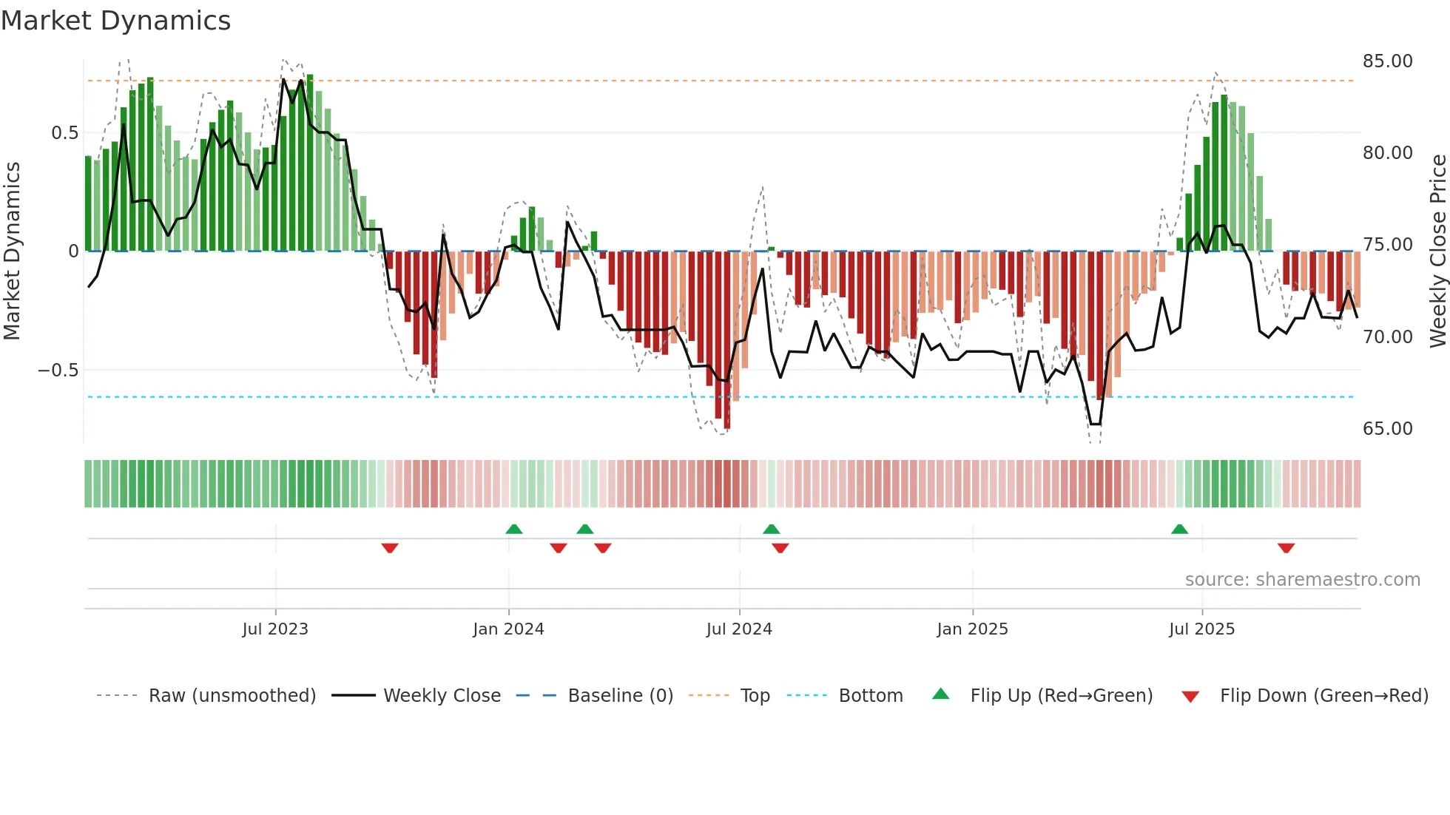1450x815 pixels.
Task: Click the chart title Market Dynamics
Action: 115,21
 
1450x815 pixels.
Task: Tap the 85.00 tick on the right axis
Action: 1387,61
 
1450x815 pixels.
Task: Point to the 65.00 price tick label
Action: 1387,429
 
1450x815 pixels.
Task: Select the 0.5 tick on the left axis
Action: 64,133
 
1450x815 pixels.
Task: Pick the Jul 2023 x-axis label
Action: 275,629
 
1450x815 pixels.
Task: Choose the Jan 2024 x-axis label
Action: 508,629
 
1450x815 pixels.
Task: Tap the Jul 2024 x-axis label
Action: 739,629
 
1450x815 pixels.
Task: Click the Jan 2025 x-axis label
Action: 972,629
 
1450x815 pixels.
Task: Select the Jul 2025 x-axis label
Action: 1201,629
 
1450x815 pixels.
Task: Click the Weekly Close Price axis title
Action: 1437,251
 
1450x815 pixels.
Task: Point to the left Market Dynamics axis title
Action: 12,251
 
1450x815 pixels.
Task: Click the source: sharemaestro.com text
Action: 1302,580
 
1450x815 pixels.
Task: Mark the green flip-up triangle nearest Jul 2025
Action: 1179,529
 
